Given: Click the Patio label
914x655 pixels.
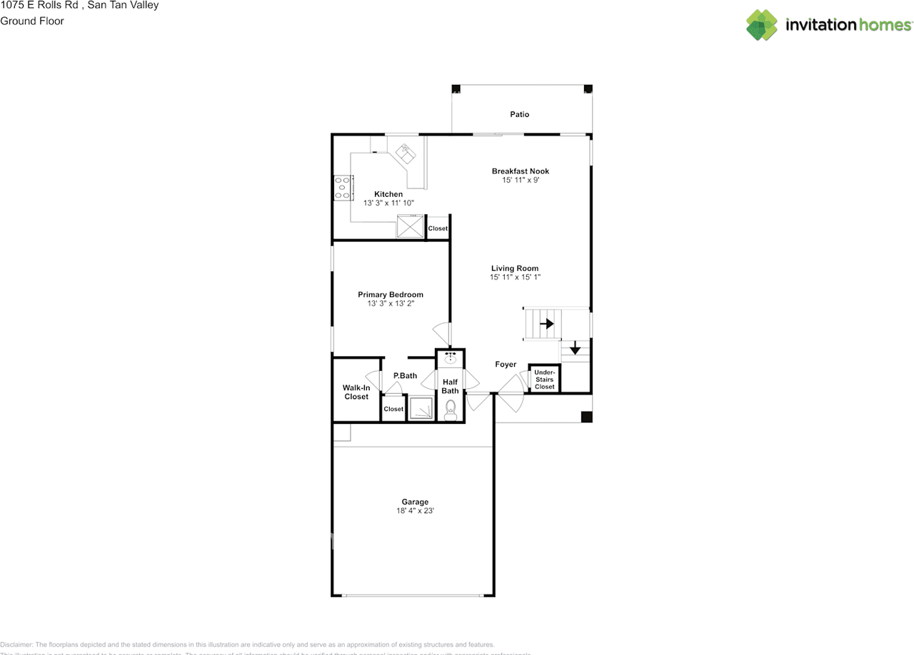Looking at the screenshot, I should point(519,114).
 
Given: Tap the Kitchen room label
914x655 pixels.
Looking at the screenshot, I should point(388,194).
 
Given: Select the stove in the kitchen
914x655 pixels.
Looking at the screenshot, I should point(342,188).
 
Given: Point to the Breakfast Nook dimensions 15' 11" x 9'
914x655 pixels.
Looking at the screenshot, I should point(520,181).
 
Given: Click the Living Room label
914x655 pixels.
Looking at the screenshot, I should point(514,268).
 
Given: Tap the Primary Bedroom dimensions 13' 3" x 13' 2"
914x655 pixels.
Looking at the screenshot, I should point(391,303).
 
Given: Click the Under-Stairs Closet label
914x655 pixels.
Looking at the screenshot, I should point(544,379).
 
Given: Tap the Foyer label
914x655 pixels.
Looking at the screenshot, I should point(506,365).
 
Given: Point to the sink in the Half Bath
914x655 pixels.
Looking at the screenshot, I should point(450,359).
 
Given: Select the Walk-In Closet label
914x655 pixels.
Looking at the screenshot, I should point(356,392).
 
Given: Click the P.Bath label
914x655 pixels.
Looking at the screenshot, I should point(405,376).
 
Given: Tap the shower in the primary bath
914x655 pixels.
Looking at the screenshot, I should point(421,409).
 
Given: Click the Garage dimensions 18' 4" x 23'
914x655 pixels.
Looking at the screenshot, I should point(415,511).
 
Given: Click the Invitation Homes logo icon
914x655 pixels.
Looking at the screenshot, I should point(762,25).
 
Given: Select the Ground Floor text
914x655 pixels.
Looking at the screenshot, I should point(32,21).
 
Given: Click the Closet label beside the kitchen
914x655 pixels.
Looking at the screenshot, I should point(438,228).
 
